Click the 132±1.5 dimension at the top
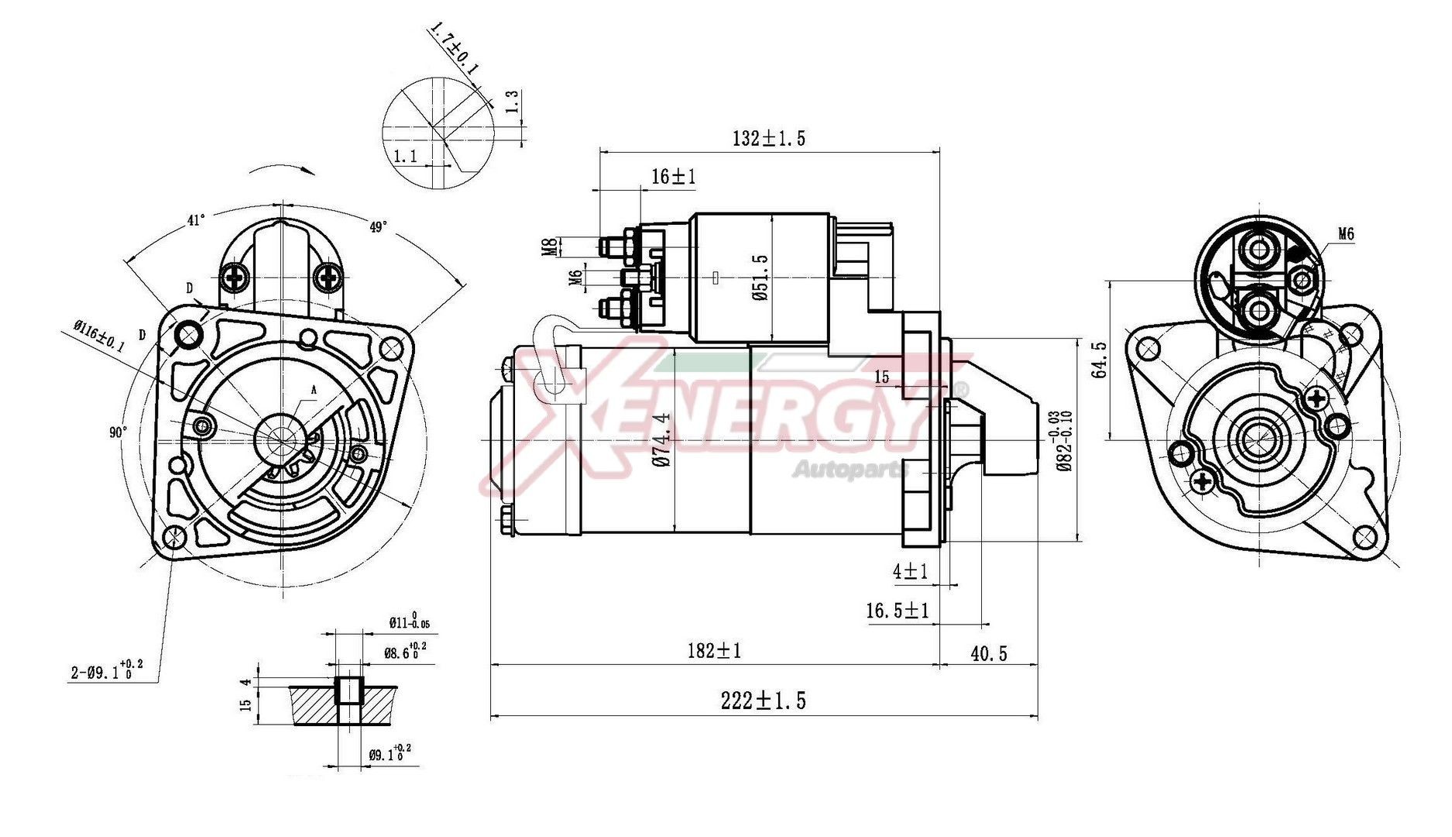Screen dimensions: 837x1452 pos(768,139)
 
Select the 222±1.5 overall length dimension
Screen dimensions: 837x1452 pos(763,701)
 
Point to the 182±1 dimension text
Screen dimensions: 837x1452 pos(714,651)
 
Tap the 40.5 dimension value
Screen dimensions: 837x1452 pos(989,654)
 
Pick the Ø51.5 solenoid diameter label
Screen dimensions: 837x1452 pos(760,277)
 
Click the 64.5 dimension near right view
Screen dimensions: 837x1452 pos(1099,360)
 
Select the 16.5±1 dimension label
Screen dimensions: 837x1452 pos(897,611)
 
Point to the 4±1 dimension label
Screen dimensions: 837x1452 pos(910,572)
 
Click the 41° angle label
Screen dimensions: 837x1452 pos(196,221)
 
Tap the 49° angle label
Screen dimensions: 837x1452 pos(378,227)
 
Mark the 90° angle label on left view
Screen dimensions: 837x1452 pos(118,432)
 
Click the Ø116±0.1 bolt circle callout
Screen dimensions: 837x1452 pos(99,337)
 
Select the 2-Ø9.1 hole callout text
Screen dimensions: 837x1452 pos(107,671)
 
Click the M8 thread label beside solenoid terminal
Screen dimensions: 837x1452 pos(549,247)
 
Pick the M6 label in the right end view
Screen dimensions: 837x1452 pos(1345,234)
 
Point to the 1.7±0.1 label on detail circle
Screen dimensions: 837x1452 pos(454,49)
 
